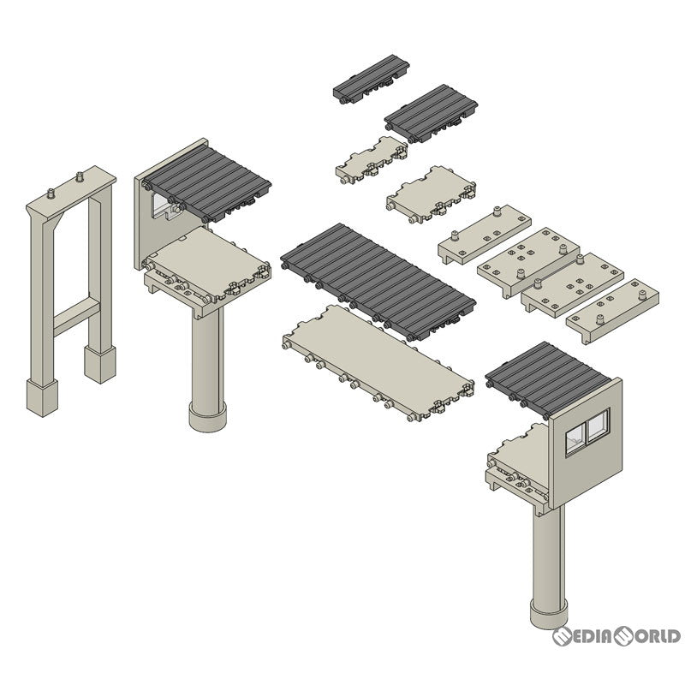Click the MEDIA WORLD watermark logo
coord(616,636)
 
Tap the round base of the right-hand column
coord(549,613)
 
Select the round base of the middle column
coord(207,416)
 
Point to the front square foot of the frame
coord(42,397)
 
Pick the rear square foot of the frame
coord(100,365)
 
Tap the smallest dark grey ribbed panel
coord(372,79)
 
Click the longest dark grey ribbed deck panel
coord(378,282)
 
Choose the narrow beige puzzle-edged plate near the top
coord(372,160)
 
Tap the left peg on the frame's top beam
coord(51,194)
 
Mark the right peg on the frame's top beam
coord(80,177)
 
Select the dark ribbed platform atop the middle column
coord(206,184)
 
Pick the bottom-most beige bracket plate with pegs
coord(612,311)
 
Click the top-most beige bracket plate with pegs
coord(485,234)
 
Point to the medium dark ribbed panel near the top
coord(431,113)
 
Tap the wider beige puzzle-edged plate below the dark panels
coord(431,194)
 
